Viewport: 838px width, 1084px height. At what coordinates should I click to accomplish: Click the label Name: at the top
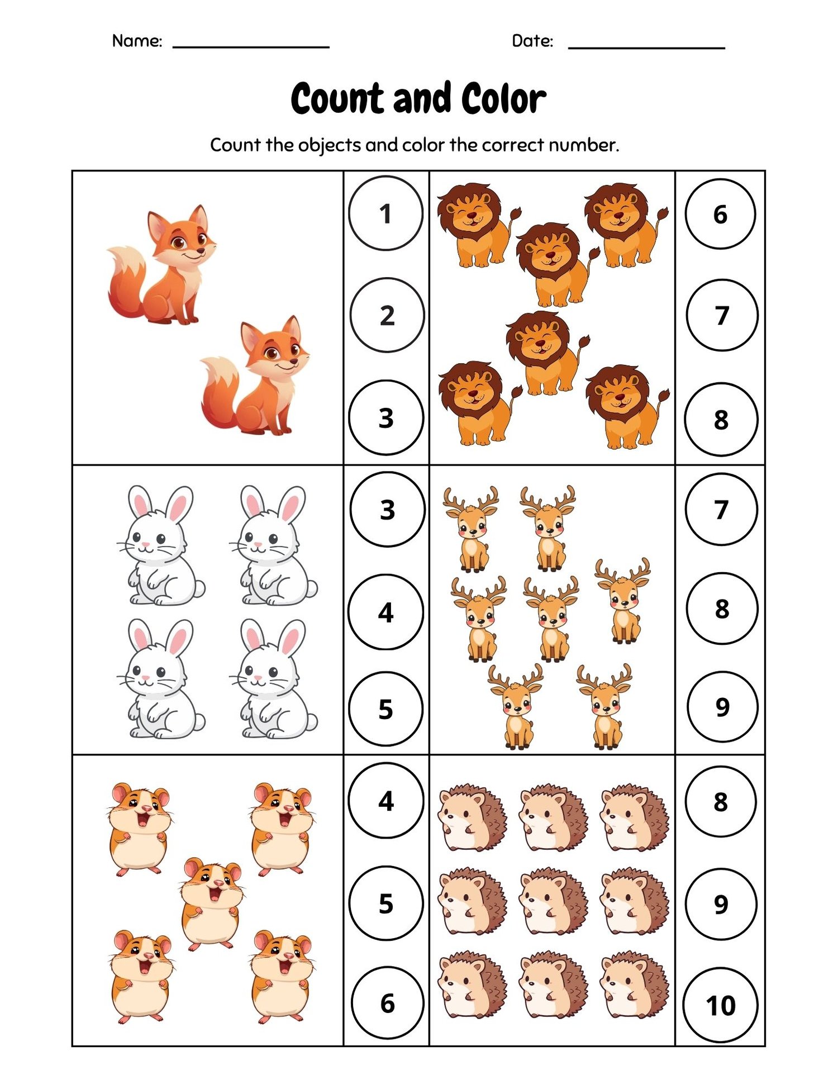137,41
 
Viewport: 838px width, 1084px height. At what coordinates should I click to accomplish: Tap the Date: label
532,41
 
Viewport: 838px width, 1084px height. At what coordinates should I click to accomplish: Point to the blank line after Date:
646,48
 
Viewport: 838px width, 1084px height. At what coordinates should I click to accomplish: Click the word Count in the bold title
339,99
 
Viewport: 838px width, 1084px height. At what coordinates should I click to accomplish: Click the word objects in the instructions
329,145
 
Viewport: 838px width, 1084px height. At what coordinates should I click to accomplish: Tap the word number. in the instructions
583,145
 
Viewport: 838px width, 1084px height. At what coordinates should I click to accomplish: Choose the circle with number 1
385,213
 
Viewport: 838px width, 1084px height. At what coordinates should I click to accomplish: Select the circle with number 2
387,315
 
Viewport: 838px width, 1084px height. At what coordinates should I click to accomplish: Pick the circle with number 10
720,1006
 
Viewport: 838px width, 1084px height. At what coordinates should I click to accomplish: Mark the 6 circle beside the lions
720,213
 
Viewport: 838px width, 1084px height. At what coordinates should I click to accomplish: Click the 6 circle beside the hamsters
388,1004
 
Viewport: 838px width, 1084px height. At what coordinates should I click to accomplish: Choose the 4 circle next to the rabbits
385,612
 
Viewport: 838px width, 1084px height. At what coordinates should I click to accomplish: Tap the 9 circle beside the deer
722,707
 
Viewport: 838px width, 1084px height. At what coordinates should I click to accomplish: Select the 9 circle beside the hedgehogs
721,904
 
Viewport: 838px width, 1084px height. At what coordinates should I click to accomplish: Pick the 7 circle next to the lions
722,315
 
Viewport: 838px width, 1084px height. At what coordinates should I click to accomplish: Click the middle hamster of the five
211,903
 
